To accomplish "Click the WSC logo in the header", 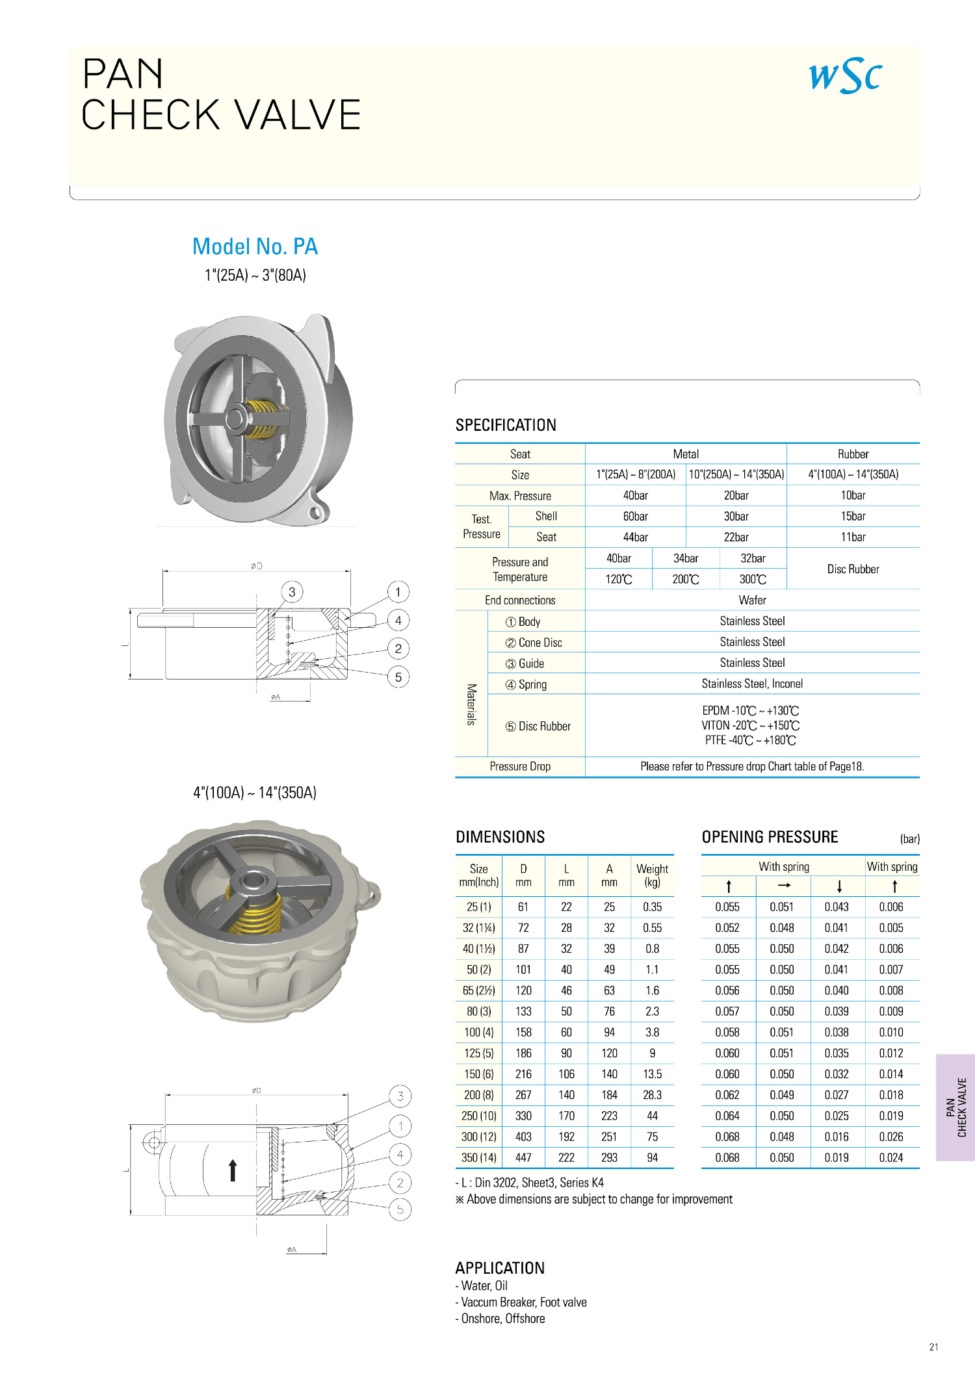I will tap(845, 76).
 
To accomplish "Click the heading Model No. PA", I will tap(255, 246).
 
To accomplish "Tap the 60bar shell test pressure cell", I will tap(635, 516).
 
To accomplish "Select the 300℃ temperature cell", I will tap(753, 579).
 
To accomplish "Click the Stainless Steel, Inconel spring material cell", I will tap(752, 684).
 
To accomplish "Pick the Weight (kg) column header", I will tap(652, 875).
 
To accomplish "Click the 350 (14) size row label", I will tap(479, 1157).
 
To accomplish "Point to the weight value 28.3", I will tap(652, 1095).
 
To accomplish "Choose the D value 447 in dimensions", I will tap(523, 1157).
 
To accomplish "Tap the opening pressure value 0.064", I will tap(727, 1116).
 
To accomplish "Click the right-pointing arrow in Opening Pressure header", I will tap(784, 886).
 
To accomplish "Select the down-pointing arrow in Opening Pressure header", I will tap(839, 886).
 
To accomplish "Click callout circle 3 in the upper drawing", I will tap(292, 592).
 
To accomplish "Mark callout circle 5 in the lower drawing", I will tap(400, 1209).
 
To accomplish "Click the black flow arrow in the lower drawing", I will tap(233, 1170).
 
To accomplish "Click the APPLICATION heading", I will tap(500, 1268).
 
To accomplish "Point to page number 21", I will tap(933, 1347).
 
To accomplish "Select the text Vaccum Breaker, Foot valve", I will tap(523, 1302).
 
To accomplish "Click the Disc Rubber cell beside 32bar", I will tap(853, 569).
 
